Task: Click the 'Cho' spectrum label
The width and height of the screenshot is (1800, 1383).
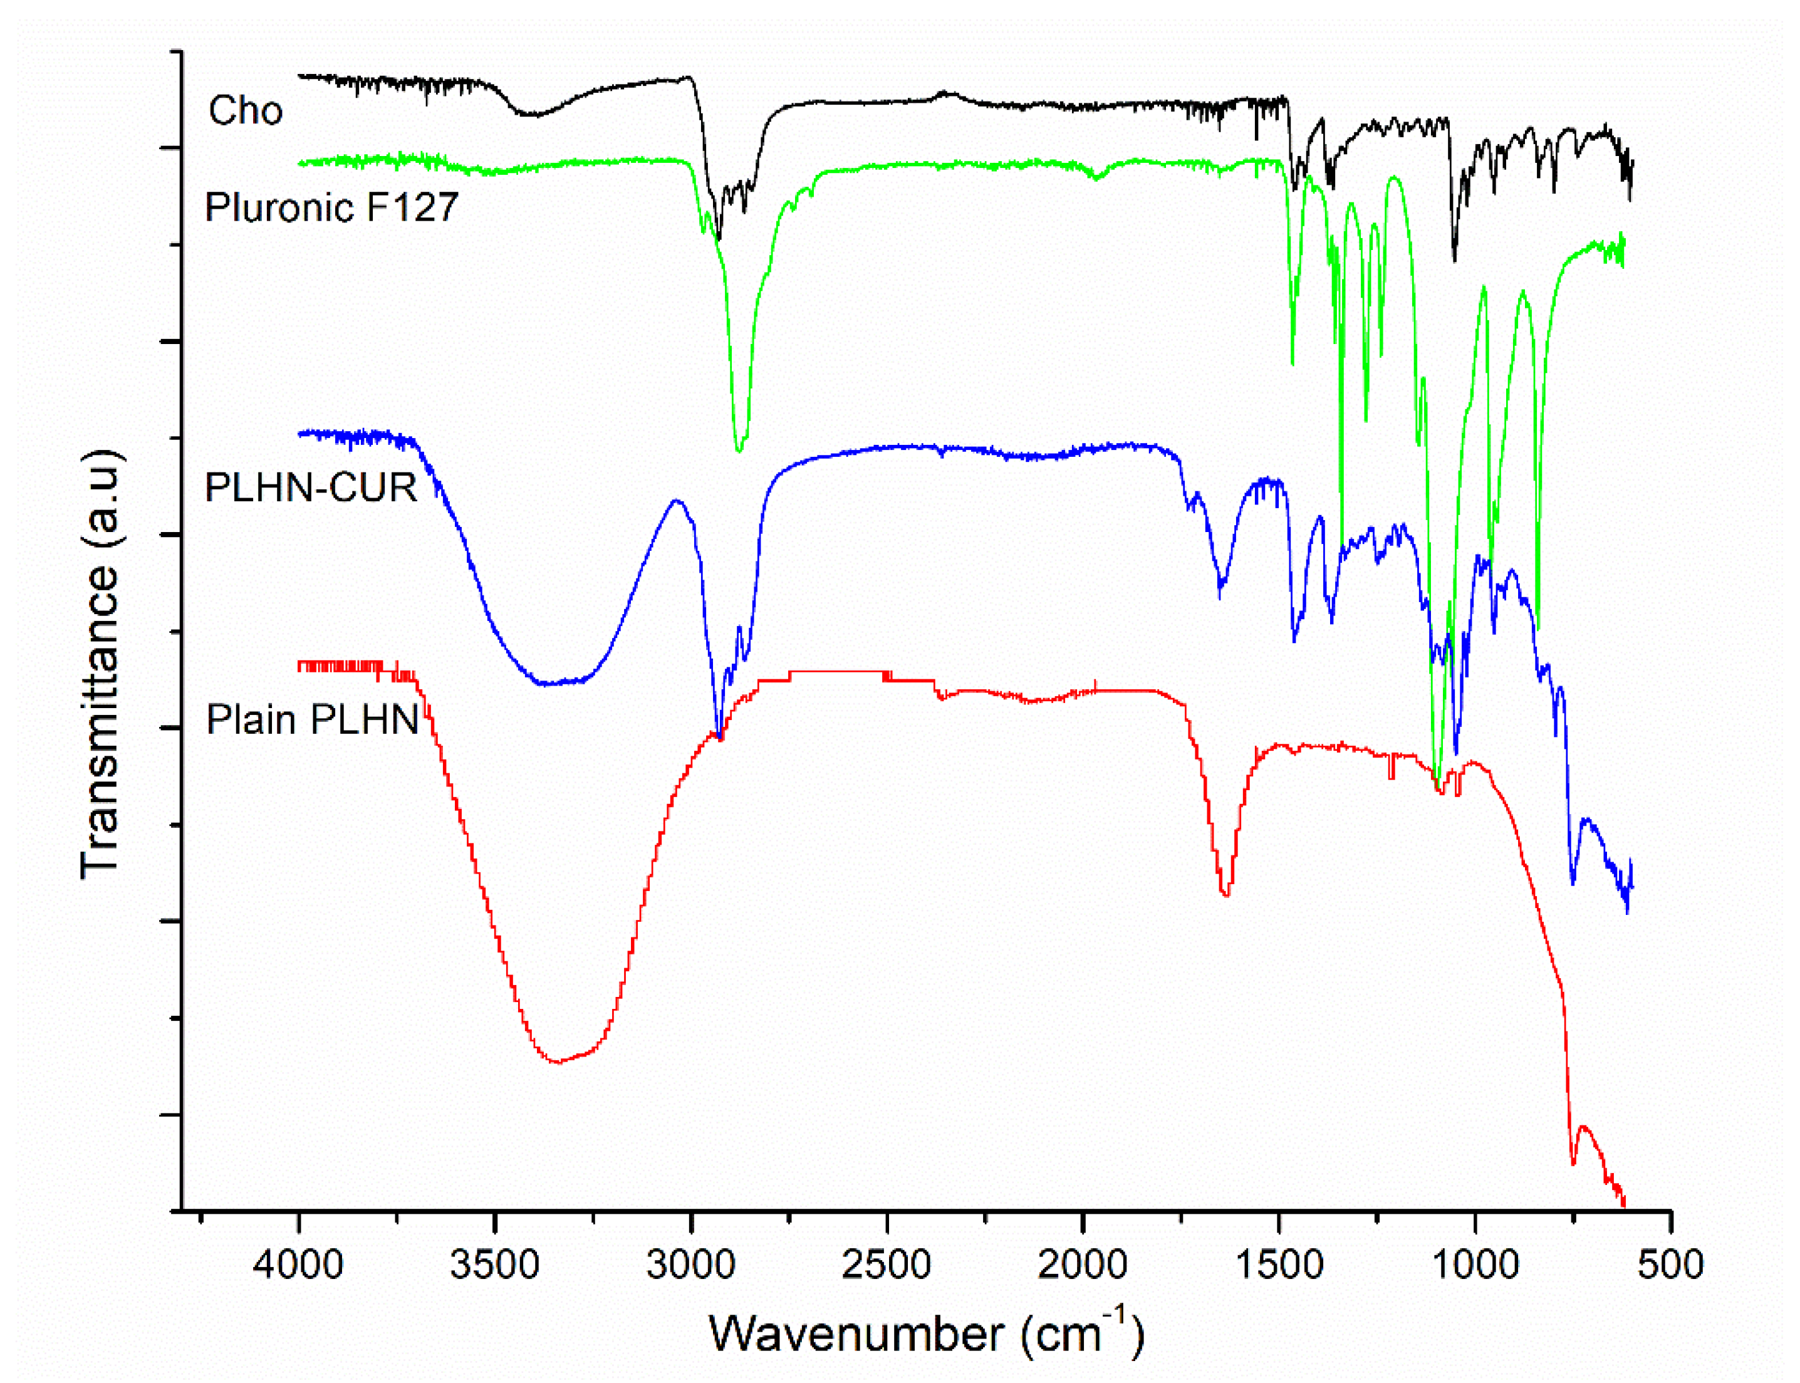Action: coord(245,110)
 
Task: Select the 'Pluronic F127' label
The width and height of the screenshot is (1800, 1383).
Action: coord(331,207)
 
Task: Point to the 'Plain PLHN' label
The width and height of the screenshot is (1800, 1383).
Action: coord(313,719)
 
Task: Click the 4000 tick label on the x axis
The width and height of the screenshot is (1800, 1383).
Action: coord(298,1265)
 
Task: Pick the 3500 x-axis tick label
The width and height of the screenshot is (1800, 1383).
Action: coord(495,1265)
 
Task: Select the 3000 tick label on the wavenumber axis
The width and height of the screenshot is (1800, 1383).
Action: coord(690,1265)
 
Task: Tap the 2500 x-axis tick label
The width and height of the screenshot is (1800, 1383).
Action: coord(887,1265)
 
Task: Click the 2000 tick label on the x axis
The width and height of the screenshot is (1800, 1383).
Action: coord(1082,1265)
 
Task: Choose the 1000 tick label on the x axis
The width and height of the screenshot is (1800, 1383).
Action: coord(1475,1265)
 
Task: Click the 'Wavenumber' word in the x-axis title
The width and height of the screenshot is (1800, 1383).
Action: coord(856,1334)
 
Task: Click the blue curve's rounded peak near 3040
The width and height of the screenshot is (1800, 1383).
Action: coord(677,501)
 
